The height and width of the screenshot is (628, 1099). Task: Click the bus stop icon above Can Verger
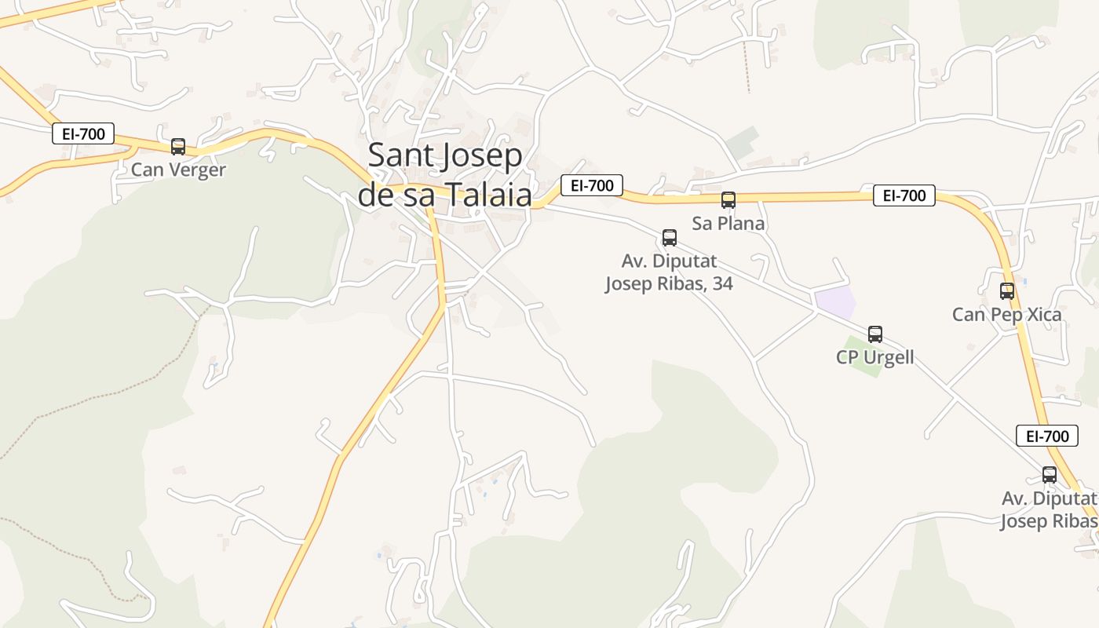coord(178,147)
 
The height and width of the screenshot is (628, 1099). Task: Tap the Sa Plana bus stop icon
coord(728,200)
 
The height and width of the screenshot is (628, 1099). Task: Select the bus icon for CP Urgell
coord(875,334)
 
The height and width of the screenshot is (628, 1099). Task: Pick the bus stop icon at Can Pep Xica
coord(1007,291)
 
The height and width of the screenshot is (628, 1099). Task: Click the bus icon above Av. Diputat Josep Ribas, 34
coord(670,238)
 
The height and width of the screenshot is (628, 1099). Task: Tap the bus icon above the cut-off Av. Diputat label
coord(1050,475)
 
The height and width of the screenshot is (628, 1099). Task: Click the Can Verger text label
coord(178,170)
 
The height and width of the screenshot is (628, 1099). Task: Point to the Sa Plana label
coord(728,224)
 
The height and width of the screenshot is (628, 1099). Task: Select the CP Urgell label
coord(875,358)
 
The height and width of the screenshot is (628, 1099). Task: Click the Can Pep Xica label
coord(1007,315)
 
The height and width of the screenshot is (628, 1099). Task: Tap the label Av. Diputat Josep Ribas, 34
coord(669,272)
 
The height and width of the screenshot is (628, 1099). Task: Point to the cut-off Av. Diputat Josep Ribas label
coord(1049,509)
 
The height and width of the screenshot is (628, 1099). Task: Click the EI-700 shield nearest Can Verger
coord(83,133)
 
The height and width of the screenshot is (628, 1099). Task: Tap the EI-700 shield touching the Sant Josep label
coord(592,185)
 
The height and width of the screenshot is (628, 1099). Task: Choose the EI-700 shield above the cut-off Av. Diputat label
coord(1047,436)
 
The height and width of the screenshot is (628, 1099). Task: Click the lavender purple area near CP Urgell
coord(835,302)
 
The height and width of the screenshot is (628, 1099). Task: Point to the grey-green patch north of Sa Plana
coord(742,142)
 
